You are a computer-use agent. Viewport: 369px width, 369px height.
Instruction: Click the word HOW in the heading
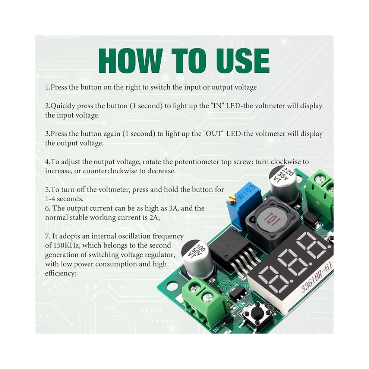click(x=130, y=61)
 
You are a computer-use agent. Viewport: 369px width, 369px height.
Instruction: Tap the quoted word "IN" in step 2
click(x=217, y=105)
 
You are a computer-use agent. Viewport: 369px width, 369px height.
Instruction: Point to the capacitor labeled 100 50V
click(x=197, y=258)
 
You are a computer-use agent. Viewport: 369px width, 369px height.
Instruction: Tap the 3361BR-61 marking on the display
click(x=317, y=278)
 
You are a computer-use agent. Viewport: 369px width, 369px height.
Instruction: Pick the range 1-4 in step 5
click(x=50, y=199)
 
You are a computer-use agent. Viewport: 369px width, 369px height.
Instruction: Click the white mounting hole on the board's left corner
click(x=172, y=287)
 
